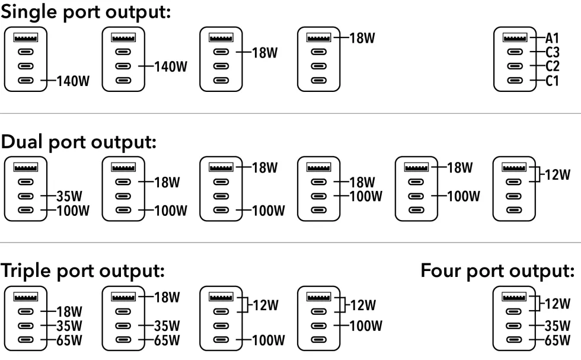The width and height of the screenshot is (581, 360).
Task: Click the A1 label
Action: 552,38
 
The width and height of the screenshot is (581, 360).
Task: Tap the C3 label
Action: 552,52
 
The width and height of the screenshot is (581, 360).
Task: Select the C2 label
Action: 552,66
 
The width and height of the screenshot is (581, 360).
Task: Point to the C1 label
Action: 552,81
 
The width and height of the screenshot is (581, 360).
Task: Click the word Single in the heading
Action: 28,12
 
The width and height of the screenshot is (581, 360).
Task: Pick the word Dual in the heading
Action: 21,142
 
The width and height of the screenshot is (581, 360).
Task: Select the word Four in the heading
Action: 441,270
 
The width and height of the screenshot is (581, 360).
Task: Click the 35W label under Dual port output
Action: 69,196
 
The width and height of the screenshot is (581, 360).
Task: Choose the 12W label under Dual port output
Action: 557,174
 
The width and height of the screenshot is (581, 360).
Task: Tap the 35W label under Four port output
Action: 557,326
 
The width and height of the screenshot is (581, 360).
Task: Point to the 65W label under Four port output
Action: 557,340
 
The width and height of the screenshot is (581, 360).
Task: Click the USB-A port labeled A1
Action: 515,37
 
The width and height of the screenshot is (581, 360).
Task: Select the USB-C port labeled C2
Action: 515,66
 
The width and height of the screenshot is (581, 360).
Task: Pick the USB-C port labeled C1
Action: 515,80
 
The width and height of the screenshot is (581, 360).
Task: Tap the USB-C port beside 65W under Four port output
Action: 513,340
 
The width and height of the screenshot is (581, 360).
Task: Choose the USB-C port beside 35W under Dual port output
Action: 25,196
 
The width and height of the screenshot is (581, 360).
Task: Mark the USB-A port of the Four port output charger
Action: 513,297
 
